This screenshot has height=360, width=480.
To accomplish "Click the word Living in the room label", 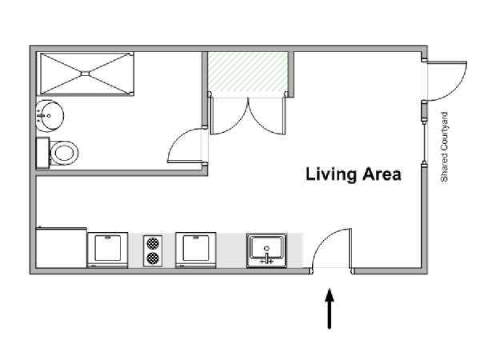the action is click(331, 174).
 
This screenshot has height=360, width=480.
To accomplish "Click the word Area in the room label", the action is click(382, 174).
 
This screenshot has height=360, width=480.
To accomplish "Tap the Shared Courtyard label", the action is click(444, 147).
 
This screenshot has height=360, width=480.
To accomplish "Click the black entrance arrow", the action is click(330, 309).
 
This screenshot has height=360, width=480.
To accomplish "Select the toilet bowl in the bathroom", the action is click(64, 153).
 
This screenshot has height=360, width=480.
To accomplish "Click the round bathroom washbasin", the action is click(50, 116).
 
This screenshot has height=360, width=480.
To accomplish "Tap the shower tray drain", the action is click(85, 74).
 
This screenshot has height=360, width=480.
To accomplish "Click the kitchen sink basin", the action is click(266, 247).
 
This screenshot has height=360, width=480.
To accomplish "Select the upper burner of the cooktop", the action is click(153, 243).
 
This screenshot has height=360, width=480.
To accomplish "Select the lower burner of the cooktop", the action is click(153, 258).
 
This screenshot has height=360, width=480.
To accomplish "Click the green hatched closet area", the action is click(248, 72).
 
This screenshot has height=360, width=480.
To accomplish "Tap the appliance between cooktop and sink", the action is click(196, 250).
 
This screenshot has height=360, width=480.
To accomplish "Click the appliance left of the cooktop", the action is click(107, 250).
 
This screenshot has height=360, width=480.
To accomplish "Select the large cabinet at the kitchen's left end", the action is click(62, 248).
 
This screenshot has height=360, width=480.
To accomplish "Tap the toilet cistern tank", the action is click(42, 153).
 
